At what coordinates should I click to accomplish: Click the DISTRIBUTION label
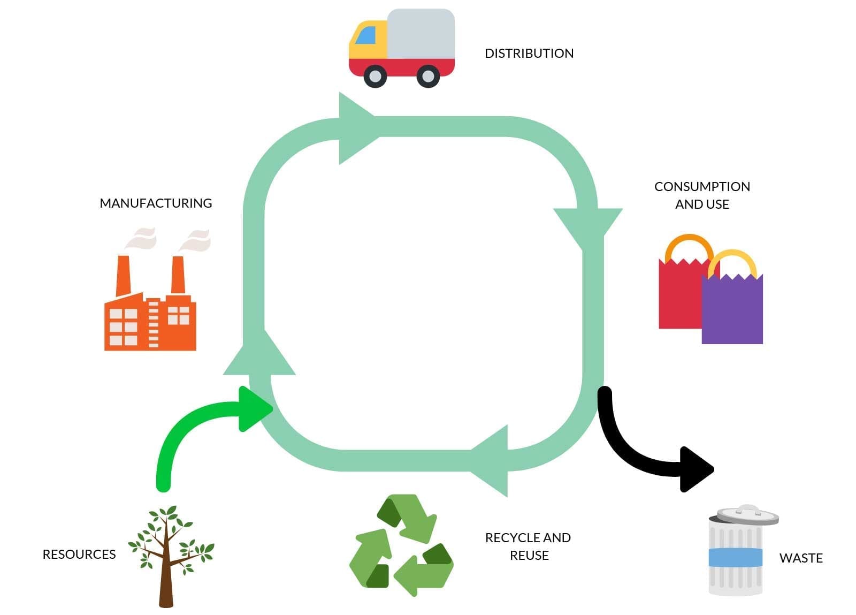[x=529, y=54]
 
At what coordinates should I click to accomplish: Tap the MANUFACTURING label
[x=156, y=203]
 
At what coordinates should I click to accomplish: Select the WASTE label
[x=800, y=558]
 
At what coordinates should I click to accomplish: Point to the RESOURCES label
[x=79, y=555]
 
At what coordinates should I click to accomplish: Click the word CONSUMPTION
[x=702, y=187]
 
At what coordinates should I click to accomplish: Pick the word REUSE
[x=529, y=556]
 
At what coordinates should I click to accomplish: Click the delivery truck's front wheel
[x=375, y=76]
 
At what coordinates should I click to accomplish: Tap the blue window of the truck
[x=365, y=36]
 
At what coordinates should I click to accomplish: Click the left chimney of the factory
[x=124, y=275]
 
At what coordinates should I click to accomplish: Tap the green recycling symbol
[x=401, y=545]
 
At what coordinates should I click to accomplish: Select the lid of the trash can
[x=747, y=515]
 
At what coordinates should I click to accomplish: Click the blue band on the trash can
[x=735, y=557]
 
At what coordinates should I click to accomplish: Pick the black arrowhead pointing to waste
[x=695, y=469]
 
